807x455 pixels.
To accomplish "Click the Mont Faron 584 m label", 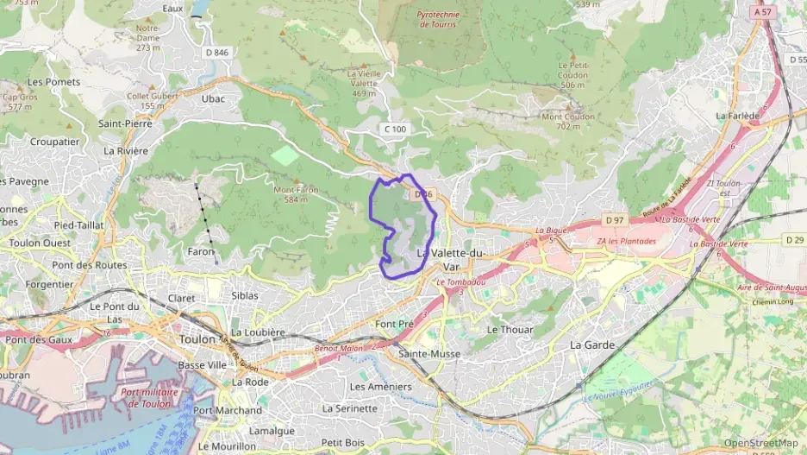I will coord(296,194).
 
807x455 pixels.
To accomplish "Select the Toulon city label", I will coord(197,339).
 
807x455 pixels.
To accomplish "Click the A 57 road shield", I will coord(762,12).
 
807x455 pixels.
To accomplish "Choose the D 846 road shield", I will coord(217,53).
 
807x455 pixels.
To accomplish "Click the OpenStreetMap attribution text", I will coord(760,443).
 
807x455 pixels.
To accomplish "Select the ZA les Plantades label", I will coord(627,241).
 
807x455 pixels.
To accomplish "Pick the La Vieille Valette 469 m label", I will coord(364,83).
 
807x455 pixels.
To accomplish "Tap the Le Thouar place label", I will coord(510,330).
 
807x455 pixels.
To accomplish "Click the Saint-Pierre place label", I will coord(125,123).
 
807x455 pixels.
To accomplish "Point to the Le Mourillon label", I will coord(227,446).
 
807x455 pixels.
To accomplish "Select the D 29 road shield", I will coord(794,238).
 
